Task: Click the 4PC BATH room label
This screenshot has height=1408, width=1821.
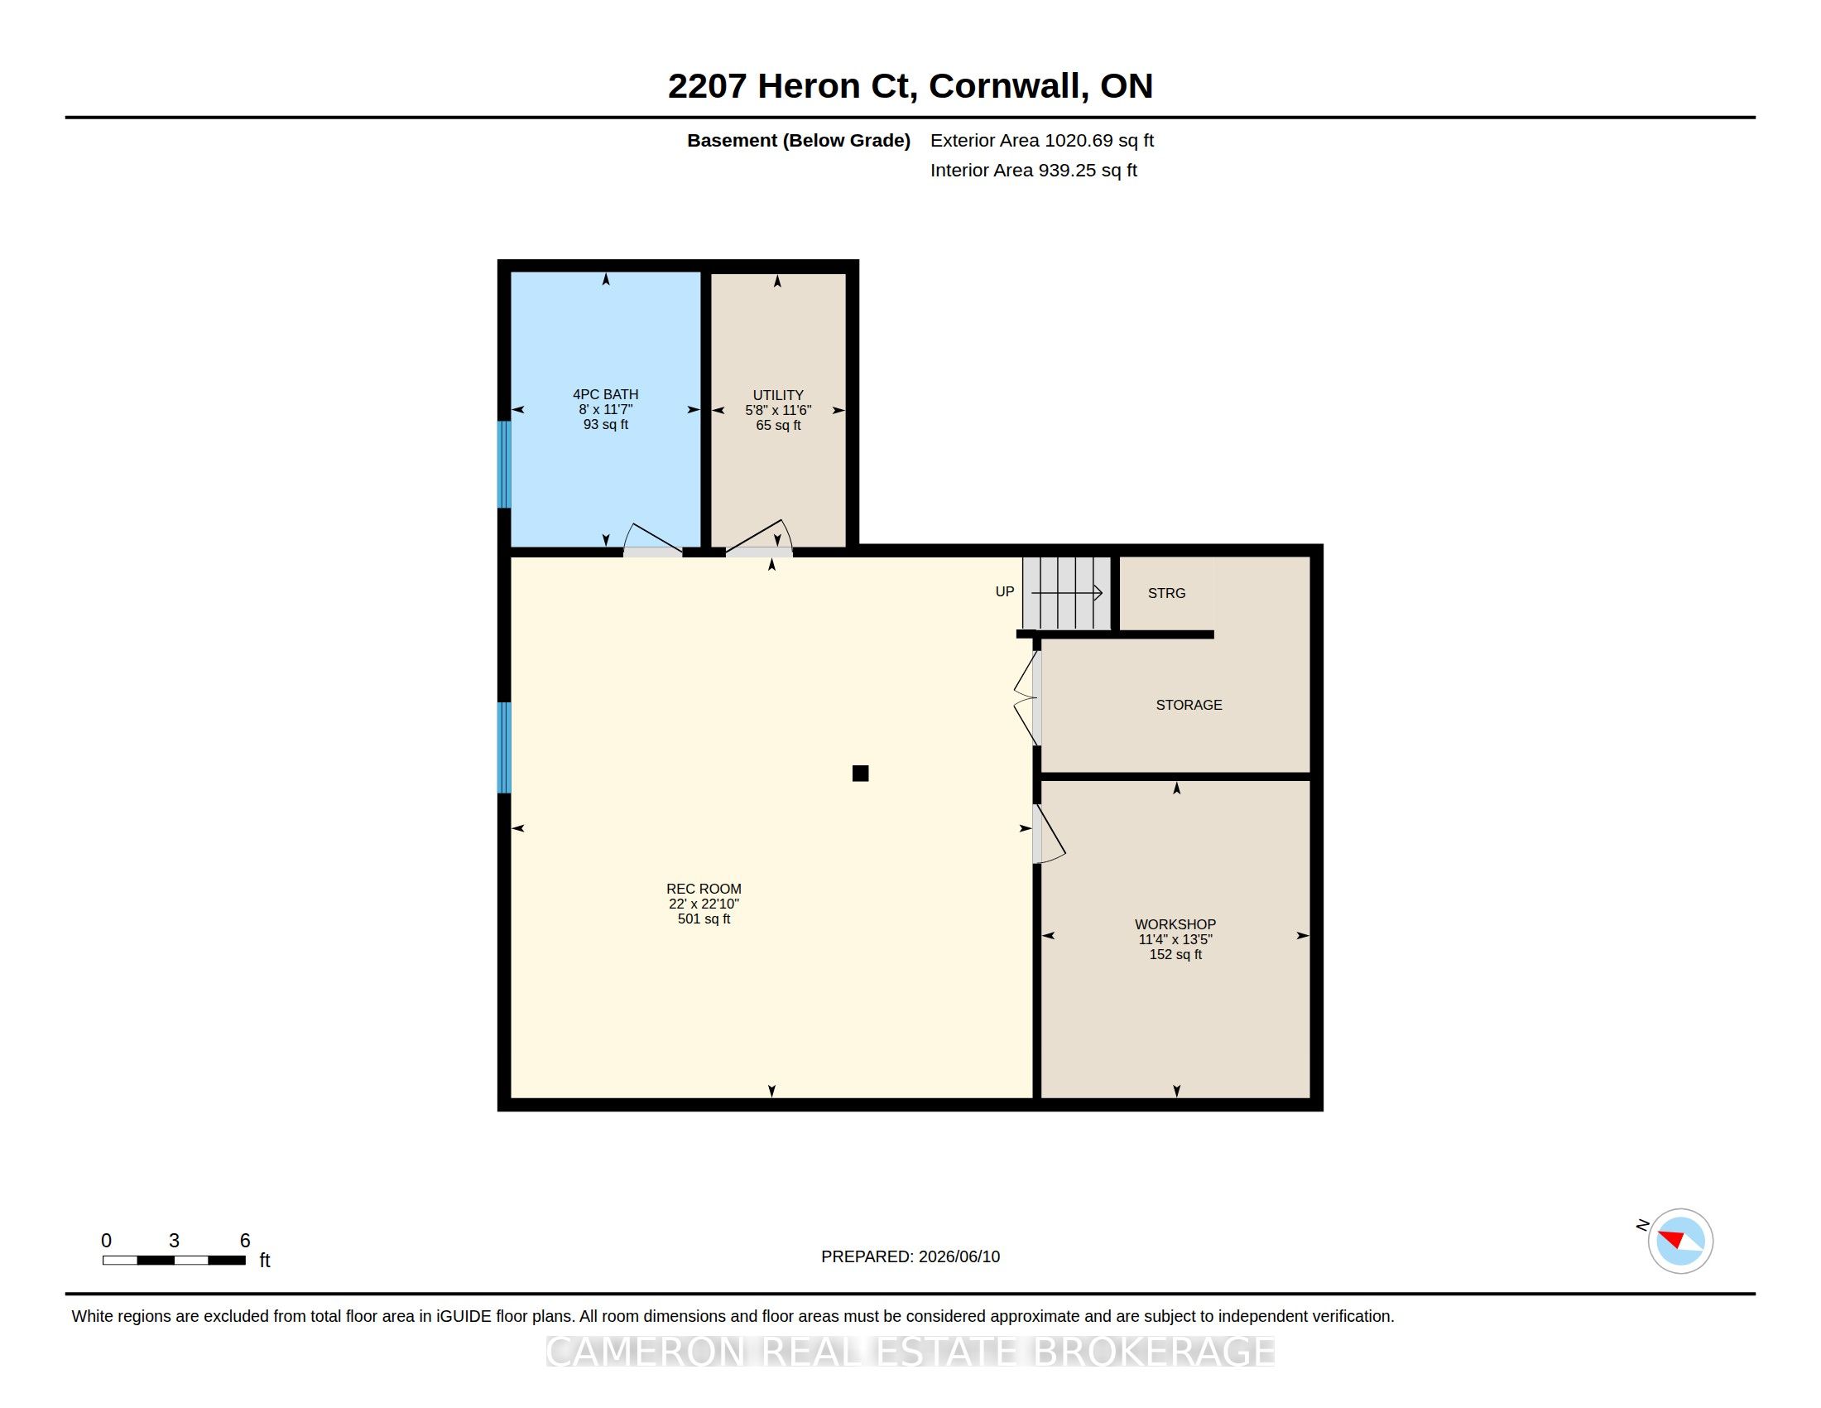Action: tap(605, 394)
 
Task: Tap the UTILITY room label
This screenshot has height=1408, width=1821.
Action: tap(778, 395)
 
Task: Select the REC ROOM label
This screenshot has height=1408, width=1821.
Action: tap(704, 890)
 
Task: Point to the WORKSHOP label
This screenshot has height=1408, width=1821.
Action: tap(1175, 924)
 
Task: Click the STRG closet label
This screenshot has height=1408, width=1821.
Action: tap(1166, 593)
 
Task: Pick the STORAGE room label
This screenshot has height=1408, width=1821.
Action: tap(1189, 705)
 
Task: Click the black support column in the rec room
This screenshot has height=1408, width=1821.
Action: tap(861, 774)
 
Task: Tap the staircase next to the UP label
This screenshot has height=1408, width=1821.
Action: tap(1066, 593)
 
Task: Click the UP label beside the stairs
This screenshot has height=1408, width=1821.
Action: tap(1005, 591)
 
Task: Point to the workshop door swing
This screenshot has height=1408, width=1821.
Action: tap(1049, 833)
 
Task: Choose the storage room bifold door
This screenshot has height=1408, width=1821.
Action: tap(1026, 698)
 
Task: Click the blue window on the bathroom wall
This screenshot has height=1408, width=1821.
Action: tap(503, 465)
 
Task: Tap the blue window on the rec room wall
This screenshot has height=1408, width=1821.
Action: tap(503, 747)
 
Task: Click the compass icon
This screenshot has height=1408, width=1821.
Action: tap(1680, 1241)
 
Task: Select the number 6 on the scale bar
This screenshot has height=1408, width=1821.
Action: tap(245, 1241)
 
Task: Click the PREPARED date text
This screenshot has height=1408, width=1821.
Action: tap(910, 1256)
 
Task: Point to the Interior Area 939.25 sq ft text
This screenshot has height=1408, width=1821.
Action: tap(1033, 170)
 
